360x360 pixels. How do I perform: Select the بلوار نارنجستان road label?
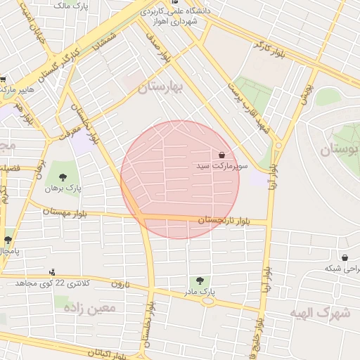pos(223,221)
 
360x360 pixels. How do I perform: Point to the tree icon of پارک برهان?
pos(63,178)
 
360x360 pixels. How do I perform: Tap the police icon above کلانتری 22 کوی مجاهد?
pos(52,272)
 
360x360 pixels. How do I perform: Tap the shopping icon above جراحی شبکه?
pos(345,258)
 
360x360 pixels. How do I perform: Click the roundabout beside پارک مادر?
pos(207,300)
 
